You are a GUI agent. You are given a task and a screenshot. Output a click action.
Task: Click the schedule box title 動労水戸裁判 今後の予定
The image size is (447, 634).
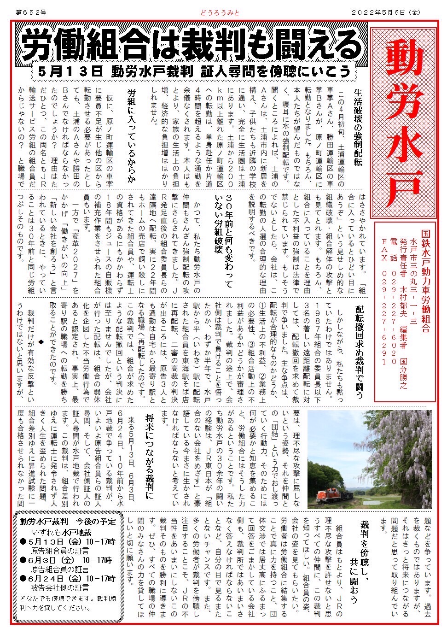[x=68, y=521]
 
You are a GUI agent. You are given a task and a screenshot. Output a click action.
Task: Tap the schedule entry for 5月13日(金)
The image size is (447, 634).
[x=67, y=541]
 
